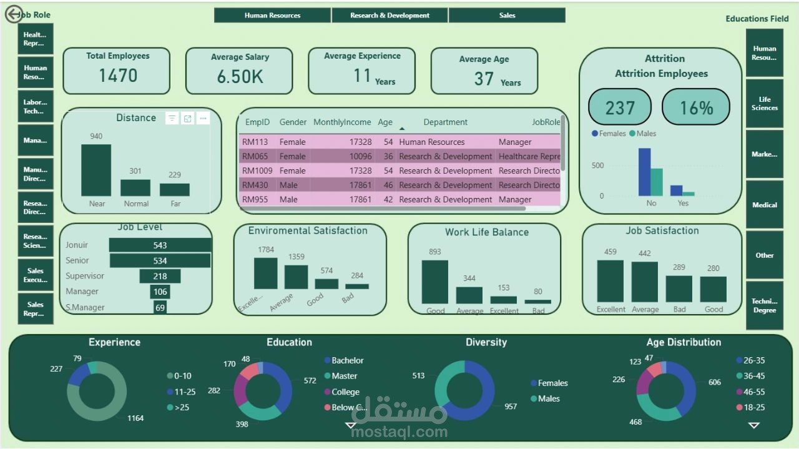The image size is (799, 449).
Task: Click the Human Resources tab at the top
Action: pos(272,16)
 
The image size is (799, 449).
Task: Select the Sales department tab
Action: pos(507,16)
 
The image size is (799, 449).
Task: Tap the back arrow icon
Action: pos(14,14)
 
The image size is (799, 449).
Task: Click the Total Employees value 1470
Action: pos(117,76)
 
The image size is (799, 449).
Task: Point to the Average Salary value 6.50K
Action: pos(240,77)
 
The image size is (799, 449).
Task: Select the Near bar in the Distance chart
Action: pos(96,170)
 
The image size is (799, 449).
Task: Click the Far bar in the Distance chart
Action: pos(175,189)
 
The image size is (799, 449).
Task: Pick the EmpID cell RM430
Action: pos(255,185)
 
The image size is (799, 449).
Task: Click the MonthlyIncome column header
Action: pos(342,122)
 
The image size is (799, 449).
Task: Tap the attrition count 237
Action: pos(619,107)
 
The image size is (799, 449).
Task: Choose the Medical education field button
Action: pos(764,205)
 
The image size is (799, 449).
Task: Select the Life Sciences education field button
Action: pos(764,104)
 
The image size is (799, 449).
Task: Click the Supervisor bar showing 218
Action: pos(160,276)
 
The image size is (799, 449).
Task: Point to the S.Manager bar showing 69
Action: pos(160,307)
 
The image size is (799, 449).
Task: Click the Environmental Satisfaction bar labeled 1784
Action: pos(265,274)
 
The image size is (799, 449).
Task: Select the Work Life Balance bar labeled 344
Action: pos(469,295)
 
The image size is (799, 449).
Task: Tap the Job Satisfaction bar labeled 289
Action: pos(679,289)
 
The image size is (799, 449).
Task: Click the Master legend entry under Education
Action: pos(344,376)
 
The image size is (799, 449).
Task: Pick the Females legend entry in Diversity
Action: pos(552,383)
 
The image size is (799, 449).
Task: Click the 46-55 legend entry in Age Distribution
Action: pos(753,392)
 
